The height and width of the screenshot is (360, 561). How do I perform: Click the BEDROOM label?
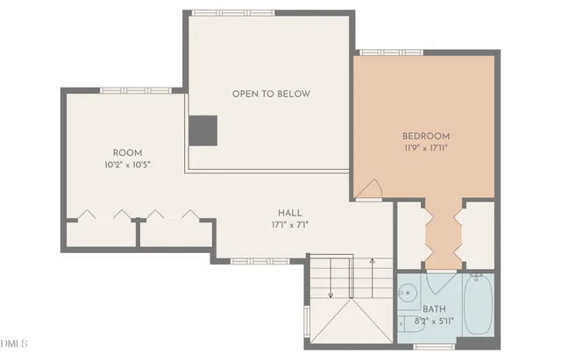point(426,136)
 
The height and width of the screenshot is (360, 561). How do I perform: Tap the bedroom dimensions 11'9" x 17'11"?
point(426,148)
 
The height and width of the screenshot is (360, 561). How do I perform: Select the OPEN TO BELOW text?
point(271,94)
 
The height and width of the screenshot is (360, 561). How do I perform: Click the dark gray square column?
point(202,130)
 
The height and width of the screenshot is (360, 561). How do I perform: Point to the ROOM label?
point(127,152)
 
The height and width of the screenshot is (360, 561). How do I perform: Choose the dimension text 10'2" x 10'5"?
point(127,164)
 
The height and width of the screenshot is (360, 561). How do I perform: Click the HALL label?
point(290,213)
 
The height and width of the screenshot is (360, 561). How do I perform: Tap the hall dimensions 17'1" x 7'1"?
point(290,225)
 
